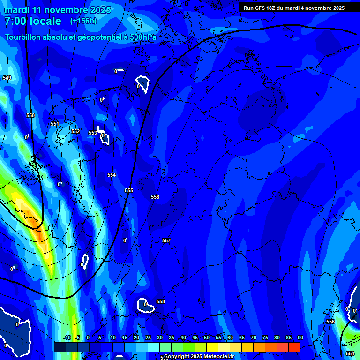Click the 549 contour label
pyautogui.click(x=7, y=78)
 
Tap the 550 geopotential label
pyautogui.click(x=30, y=115)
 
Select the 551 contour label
pyautogui.click(x=55, y=124)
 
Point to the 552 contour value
pyautogui.click(x=75, y=132)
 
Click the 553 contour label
pyautogui.click(x=93, y=133)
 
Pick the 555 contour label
pyautogui.click(x=129, y=190)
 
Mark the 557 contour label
pyautogui.click(x=166, y=240)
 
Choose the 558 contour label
pyautogui.click(x=161, y=301)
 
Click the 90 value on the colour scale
pyautogui.click(x=300, y=337)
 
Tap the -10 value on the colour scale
pyautogui.click(x=67, y=337)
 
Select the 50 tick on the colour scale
pyautogui.click(x=207, y=337)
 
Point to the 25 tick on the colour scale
pyautogui.click(x=148, y=337)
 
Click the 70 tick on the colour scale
pyautogui.click(x=254, y=337)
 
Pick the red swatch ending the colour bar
pyautogui.click(x=294, y=347)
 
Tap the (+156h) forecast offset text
pyautogui.click(x=83, y=21)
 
